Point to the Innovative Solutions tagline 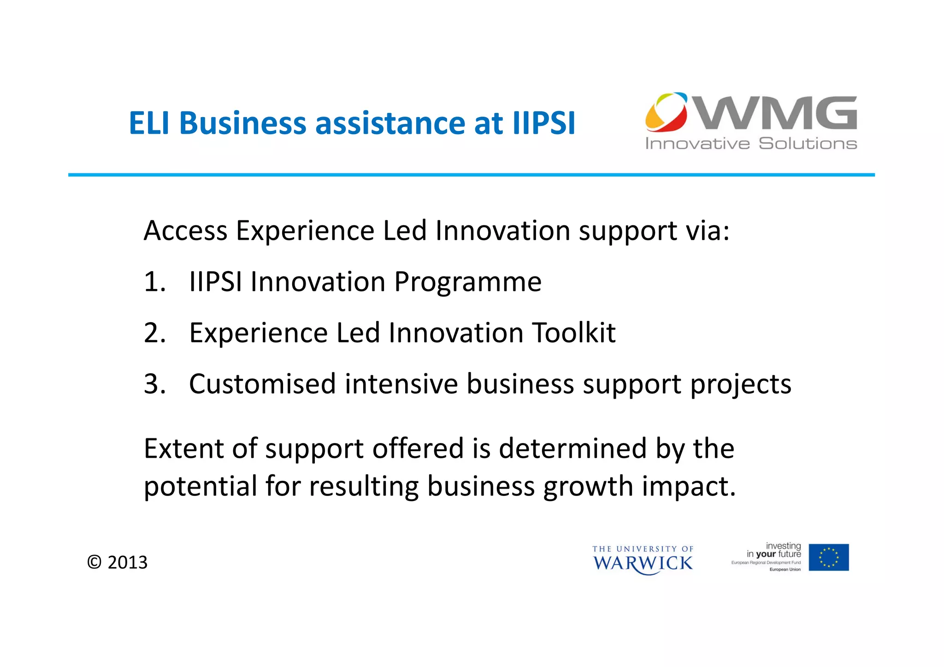click(x=751, y=143)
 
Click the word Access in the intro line click(x=185, y=230)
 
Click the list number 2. click(x=153, y=333)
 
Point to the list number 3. click(x=153, y=384)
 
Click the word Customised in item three click(x=262, y=384)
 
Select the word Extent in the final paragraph click(x=183, y=449)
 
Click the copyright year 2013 click(x=127, y=562)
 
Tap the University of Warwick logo click(x=643, y=560)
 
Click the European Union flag click(x=828, y=557)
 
